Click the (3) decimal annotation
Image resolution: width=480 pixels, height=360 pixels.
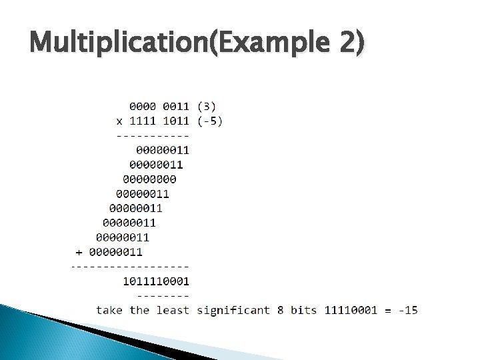(207, 105)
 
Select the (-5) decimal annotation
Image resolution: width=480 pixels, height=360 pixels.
(210, 121)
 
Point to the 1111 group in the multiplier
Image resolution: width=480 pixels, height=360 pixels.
(143, 121)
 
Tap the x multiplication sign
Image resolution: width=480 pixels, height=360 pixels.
(119, 121)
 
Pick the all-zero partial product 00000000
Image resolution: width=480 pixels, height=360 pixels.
(150, 179)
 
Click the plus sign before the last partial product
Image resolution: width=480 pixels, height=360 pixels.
(79, 252)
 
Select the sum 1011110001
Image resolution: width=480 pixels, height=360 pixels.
(157, 281)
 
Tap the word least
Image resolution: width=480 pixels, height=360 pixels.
(173, 310)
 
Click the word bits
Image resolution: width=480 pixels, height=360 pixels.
(304, 310)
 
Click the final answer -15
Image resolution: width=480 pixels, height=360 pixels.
(407, 310)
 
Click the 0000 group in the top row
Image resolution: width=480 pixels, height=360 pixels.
(143, 105)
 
